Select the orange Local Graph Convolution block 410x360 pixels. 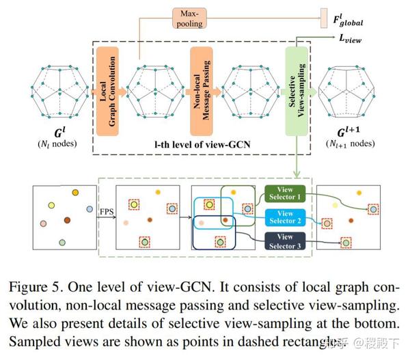click(x=107, y=89)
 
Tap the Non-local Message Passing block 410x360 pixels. click(x=202, y=89)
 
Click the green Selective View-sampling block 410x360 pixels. click(x=295, y=89)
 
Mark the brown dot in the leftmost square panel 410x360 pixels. click(x=68, y=219)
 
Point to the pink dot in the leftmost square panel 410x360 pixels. click(x=44, y=223)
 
